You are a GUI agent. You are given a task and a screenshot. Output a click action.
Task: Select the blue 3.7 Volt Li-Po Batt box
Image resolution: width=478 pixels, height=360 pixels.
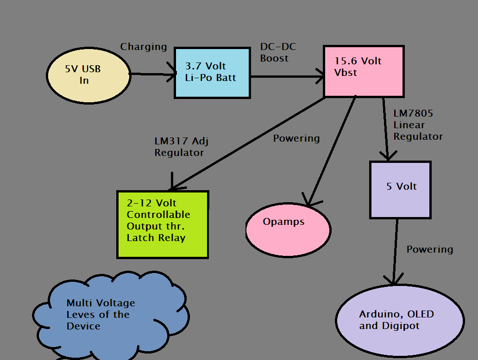[x=212, y=73]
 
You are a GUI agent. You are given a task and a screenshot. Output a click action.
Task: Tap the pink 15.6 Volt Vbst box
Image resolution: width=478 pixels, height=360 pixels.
[x=363, y=71]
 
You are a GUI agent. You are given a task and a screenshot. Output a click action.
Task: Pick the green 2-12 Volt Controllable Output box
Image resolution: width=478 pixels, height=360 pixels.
[x=163, y=224]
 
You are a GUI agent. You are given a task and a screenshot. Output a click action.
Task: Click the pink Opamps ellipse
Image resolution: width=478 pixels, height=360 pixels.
[x=288, y=230]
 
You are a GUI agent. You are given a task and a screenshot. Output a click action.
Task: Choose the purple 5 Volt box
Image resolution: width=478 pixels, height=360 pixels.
[x=400, y=190]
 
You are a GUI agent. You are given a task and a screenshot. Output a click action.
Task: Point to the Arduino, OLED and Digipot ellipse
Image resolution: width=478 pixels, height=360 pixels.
[x=399, y=321]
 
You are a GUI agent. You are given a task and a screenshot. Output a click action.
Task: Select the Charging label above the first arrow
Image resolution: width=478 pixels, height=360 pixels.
[x=144, y=47]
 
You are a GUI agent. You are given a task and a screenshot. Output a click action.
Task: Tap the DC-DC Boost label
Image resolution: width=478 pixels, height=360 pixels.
[x=277, y=52]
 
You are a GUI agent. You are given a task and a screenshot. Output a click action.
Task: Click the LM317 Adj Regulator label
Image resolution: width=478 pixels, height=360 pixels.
[x=185, y=147]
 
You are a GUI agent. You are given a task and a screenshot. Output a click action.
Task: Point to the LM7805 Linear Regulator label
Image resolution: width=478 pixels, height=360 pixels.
[x=418, y=125]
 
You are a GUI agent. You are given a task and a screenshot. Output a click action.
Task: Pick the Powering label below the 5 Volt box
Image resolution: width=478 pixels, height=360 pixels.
[x=429, y=249]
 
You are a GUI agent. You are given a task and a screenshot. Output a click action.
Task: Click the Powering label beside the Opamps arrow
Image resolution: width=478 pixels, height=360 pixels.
[x=296, y=138]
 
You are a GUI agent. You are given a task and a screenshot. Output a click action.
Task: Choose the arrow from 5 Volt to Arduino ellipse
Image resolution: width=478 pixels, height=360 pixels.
[x=395, y=252]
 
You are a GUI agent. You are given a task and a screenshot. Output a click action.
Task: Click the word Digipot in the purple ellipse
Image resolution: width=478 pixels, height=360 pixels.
[x=402, y=326]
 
